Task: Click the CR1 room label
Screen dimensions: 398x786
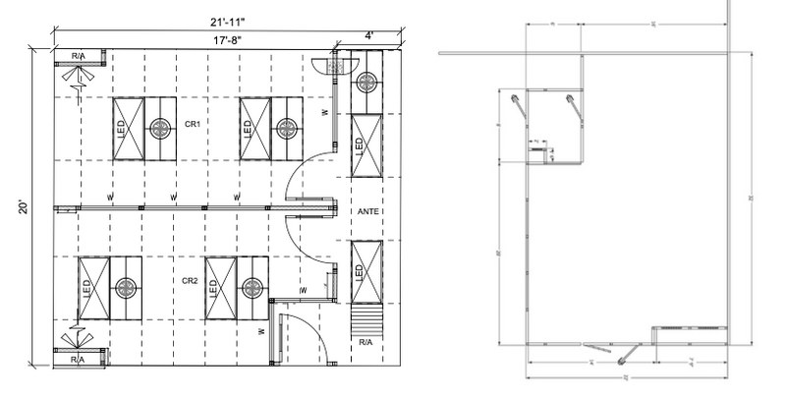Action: pyautogui.click(x=193, y=125)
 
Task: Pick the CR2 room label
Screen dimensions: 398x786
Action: pyautogui.click(x=191, y=281)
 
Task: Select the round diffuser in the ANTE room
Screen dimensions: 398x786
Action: pyautogui.click(x=368, y=82)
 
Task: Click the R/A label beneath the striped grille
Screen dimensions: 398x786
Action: pyautogui.click(x=365, y=344)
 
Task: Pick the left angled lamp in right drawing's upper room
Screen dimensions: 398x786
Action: pyautogui.click(x=515, y=102)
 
